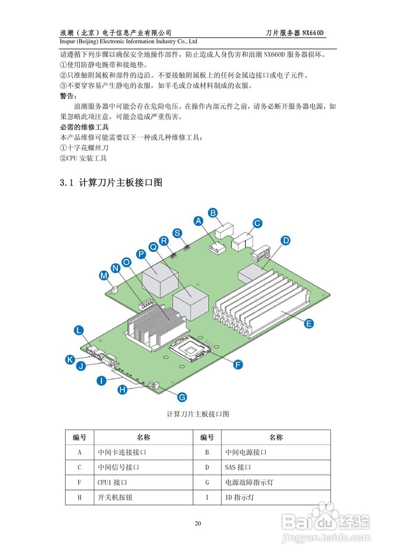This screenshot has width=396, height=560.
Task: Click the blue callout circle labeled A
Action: (199, 221)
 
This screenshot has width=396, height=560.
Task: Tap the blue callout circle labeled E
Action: (309, 323)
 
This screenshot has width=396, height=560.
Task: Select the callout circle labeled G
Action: (182, 397)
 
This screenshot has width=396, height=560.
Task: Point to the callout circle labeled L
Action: (79, 331)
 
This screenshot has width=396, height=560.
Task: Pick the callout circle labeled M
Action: (104, 276)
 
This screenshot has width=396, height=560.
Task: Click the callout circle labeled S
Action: (177, 233)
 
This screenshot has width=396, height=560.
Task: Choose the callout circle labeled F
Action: (238, 364)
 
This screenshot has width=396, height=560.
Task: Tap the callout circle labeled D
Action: (285, 240)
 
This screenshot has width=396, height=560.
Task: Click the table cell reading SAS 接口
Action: (238, 467)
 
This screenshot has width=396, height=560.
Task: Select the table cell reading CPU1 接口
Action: (112, 483)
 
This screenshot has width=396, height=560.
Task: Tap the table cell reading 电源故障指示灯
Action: (249, 483)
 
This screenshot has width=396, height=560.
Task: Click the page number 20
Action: (198, 524)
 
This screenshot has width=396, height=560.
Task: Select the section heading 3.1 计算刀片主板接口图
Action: (111, 183)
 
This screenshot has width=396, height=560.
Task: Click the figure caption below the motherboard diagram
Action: (198, 414)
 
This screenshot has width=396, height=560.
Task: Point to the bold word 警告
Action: (68, 96)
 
